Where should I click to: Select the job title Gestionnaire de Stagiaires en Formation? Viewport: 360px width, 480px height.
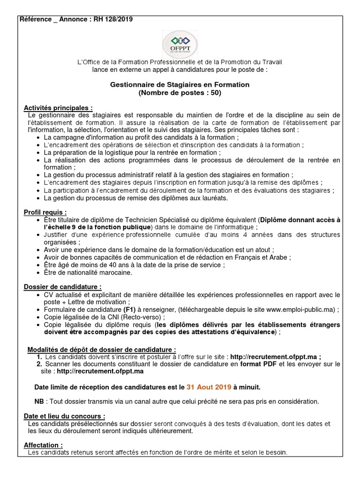[x=180, y=84]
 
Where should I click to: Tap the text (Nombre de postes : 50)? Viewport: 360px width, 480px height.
[x=180, y=92]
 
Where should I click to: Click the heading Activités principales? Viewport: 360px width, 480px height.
[x=58, y=108]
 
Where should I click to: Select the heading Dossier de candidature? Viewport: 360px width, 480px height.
[x=62, y=287]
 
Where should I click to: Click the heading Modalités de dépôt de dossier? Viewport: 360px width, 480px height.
[x=102, y=349]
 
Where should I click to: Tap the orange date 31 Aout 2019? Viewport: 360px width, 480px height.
[x=209, y=387]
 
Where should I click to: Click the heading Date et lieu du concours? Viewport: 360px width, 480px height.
[x=64, y=416]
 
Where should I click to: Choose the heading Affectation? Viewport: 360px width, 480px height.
[x=43, y=445]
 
